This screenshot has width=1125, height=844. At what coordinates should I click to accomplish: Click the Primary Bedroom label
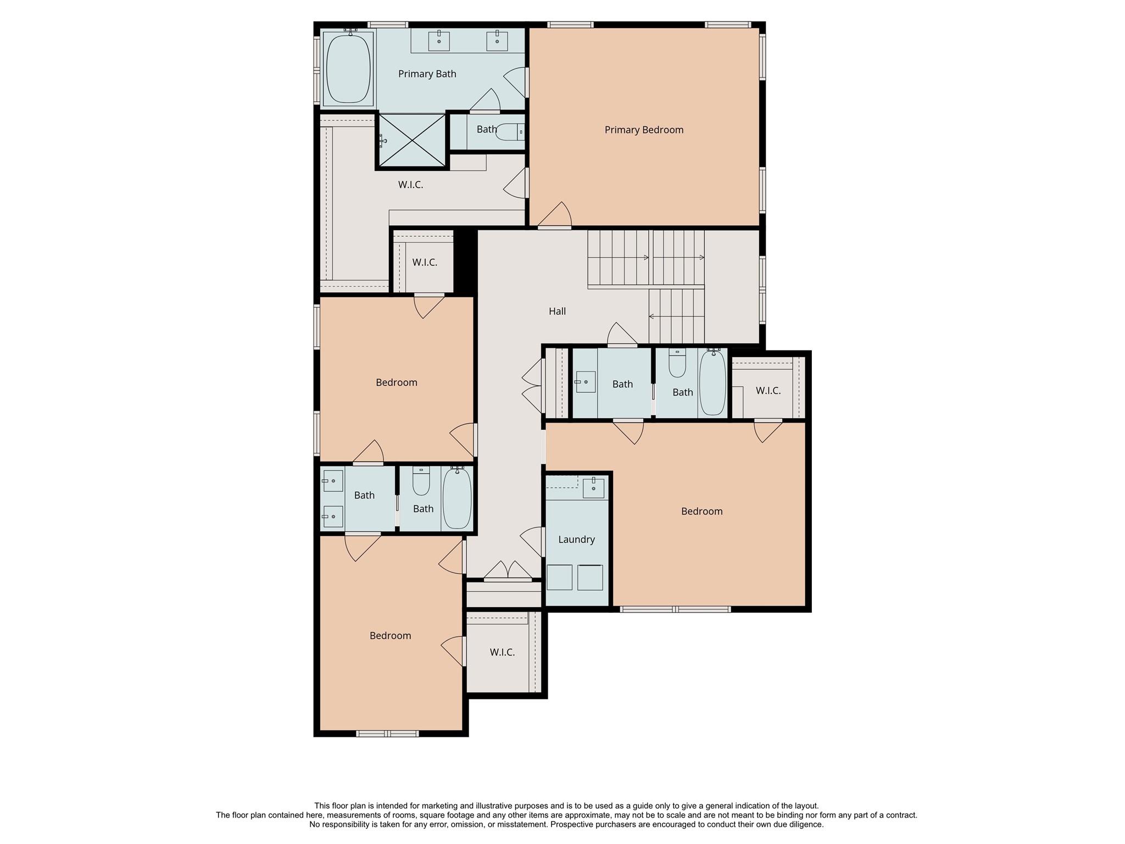pyautogui.click(x=644, y=130)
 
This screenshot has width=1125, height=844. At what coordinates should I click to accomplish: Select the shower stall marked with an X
pyautogui.click(x=412, y=140)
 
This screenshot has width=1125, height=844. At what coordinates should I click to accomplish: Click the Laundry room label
pyautogui.click(x=576, y=540)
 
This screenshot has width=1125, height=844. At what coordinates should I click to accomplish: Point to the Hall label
pyautogui.click(x=557, y=312)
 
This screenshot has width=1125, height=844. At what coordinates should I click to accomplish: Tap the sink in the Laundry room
pyautogui.click(x=593, y=487)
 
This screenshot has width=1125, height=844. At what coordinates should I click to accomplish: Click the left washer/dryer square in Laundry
pyautogui.click(x=560, y=578)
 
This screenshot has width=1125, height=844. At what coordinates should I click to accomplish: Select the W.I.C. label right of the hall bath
pyautogui.click(x=768, y=391)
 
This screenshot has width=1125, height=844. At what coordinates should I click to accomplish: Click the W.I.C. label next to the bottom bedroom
pyautogui.click(x=502, y=652)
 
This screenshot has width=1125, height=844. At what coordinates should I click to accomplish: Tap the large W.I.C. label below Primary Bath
pyautogui.click(x=410, y=185)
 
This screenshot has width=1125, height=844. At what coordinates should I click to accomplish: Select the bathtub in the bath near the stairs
pyautogui.click(x=713, y=383)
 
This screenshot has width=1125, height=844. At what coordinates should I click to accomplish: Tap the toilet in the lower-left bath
pyautogui.click(x=421, y=481)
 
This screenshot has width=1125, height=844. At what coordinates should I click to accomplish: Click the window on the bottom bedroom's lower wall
pyautogui.click(x=387, y=734)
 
